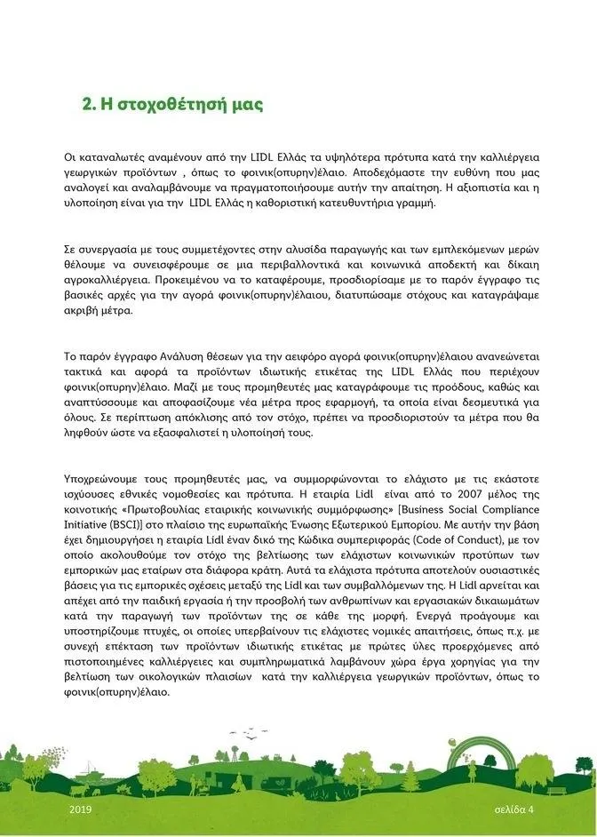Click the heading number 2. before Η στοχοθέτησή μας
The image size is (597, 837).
tap(89, 104)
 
